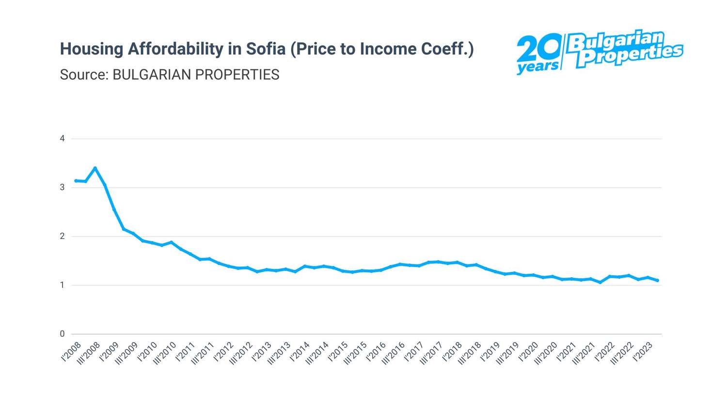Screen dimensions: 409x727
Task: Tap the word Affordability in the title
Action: (x=175, y=49)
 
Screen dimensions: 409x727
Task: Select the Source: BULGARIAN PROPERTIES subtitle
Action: (x=170, y=75)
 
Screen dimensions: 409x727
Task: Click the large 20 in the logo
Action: (x=537, y=49)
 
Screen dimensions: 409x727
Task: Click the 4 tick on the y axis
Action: (x=62, y=139)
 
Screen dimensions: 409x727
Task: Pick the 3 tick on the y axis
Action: (x=62, y=188)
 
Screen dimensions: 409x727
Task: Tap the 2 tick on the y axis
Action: (x=62, y=236)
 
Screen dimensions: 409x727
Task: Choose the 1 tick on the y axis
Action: (x=62, y=285)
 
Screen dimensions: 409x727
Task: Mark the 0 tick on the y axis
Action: (x=62, y=334)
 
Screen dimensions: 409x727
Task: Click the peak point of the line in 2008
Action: (x=95, y=168)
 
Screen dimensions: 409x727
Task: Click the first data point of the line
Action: (x=76, y=181)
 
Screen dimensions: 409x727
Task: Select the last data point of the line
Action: (x=657, y=280)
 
